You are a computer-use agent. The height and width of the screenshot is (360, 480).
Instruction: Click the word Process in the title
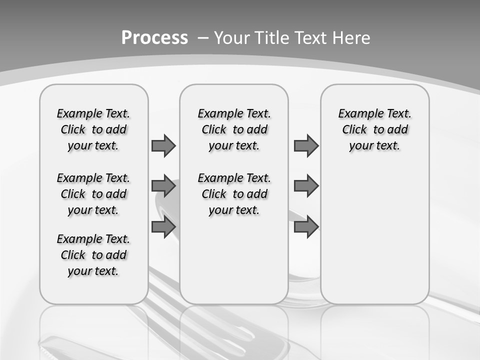point(154,38)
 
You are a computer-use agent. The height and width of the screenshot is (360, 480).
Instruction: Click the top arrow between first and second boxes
point(163,145)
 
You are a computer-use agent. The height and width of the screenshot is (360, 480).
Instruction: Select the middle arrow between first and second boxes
point(163,186)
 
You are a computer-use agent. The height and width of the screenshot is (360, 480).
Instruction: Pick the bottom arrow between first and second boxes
point(163,227)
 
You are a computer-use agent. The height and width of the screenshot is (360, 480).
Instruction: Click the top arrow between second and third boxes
point(306,145)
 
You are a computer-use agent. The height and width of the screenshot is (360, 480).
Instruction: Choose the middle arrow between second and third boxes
point(306,186)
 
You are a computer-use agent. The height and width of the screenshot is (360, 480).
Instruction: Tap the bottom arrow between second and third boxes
point(306,227)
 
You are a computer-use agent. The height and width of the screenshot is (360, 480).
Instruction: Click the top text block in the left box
point(93,129)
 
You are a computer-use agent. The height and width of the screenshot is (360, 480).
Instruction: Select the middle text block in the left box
point(93,194)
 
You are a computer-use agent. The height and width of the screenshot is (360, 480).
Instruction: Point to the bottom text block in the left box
point(93,255)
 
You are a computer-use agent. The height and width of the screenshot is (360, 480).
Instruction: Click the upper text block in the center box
point(234,129)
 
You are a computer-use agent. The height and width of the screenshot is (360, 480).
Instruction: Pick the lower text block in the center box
point(234,194)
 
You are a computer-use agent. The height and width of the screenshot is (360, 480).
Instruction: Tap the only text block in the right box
point(374,129)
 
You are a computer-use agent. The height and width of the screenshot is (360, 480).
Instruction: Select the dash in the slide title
point(203,38)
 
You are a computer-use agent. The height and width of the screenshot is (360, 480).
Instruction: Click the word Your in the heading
point(232,38)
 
